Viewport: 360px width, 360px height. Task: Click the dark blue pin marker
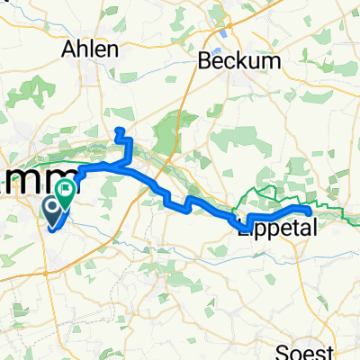pyautogui.click(x=53, y=211)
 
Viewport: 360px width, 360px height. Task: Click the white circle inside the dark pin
pyautogui.click(x=53, y=210)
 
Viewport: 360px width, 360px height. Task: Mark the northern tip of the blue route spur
pyautogui.click(x=119, y=131)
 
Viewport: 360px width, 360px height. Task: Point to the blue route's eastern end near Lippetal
pyautogui.click(x=310, y=210)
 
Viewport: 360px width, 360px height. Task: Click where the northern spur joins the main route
pyautogui.click(x=125, y=166)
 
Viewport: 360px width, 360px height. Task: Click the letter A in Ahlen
pyautogui.click(x=67, y=50)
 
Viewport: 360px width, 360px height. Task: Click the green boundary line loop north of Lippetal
pyautogui.click(x=270, y=191)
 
